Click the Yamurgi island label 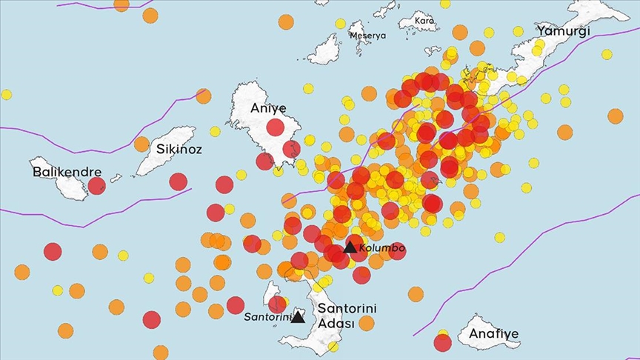[x=564, y=31]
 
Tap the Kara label [x=424, y=20]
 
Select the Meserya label [x=367, y=35]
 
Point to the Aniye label [x=267, y=108]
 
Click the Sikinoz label [x=179, y=149]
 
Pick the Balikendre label [x=67, y=172]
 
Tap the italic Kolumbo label [x=381, y=248]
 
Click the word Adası [x=336, y=323]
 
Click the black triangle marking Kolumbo [x=350, y=247]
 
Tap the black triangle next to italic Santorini [x=297, y=317]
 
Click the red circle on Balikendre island [x=97, y=185]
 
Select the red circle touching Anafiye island [x=443, y=342]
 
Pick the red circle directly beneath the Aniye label [x=275, y=127]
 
